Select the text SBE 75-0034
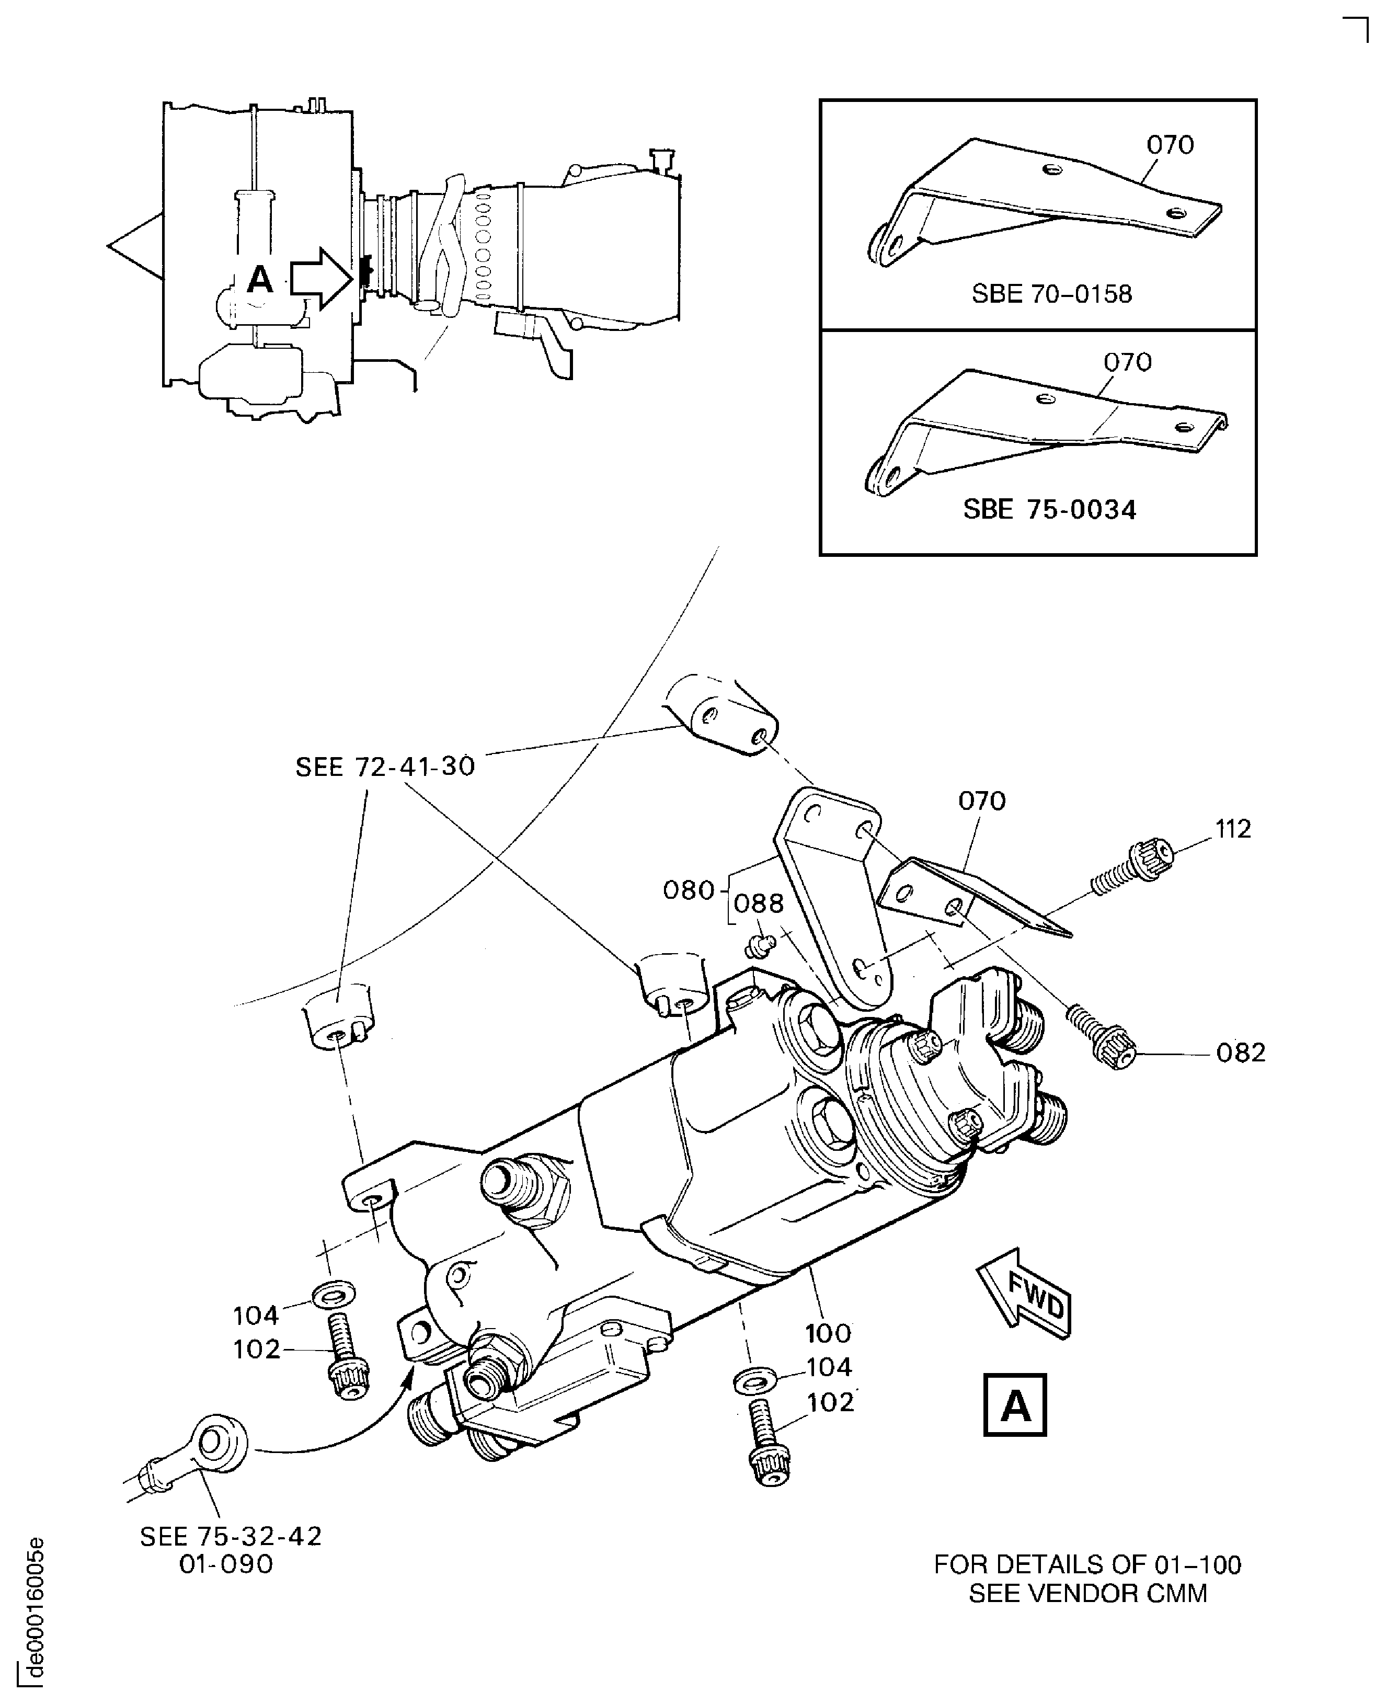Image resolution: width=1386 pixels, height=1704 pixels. point(1049,509)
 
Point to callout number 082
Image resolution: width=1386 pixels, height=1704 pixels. point(1241,1053)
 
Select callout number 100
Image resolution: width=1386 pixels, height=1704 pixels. point(828,1333)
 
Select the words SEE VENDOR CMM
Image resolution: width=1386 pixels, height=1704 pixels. point(1087,1593)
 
